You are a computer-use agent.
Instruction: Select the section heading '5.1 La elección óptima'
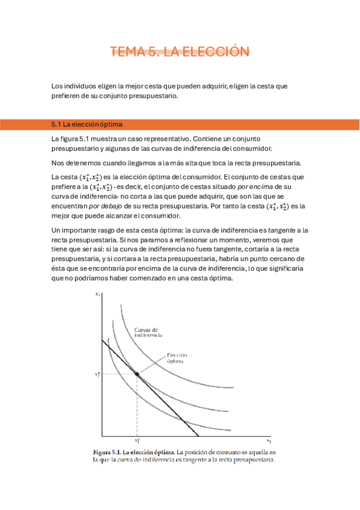click(x=87, y=124)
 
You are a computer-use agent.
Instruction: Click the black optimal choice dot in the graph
click(x=137, y=374)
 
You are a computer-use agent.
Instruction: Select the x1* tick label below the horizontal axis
click(x=136, y=441)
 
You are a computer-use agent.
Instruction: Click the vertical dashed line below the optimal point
click(x=137, y=409)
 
